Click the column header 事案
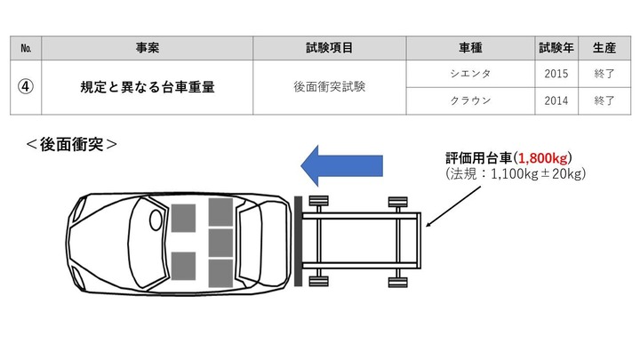tap(148, 47)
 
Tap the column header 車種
tap(470, 47)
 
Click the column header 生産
tap(604, 47)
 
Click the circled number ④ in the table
tap(26, 87)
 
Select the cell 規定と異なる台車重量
tap(148, 87)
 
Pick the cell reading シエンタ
tap(470, 74)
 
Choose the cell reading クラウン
tap(470, 101)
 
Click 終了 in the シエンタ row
tap(604, 74)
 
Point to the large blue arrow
tap(341, 164)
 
